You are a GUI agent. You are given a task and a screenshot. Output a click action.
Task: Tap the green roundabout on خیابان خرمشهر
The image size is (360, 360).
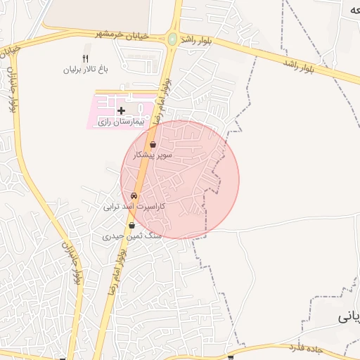(x=172, y=39)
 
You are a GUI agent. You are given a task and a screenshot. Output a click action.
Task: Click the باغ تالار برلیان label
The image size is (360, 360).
(x=85, y=70)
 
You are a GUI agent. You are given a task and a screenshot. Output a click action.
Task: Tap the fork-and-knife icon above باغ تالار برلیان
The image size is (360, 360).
(x=86, y=59)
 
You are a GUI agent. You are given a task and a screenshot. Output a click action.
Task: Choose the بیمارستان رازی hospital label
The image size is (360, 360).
(x=120, y=122)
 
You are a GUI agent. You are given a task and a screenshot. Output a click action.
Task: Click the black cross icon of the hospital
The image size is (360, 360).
(x=121, y=110)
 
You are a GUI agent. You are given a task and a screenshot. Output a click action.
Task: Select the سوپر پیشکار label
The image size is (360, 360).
(x=153, y=154)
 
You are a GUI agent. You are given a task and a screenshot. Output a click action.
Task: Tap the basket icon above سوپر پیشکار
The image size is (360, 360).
(x=153, y=144)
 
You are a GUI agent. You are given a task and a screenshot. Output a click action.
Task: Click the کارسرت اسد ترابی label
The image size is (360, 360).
(x=134, y=207)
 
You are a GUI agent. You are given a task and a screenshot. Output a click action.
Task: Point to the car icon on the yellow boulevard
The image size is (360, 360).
(x=134, y=196)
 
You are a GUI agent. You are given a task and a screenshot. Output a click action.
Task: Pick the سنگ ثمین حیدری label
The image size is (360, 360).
(x=132, y=236)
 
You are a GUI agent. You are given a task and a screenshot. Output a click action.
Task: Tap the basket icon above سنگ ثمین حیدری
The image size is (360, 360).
(x=131, y=226)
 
